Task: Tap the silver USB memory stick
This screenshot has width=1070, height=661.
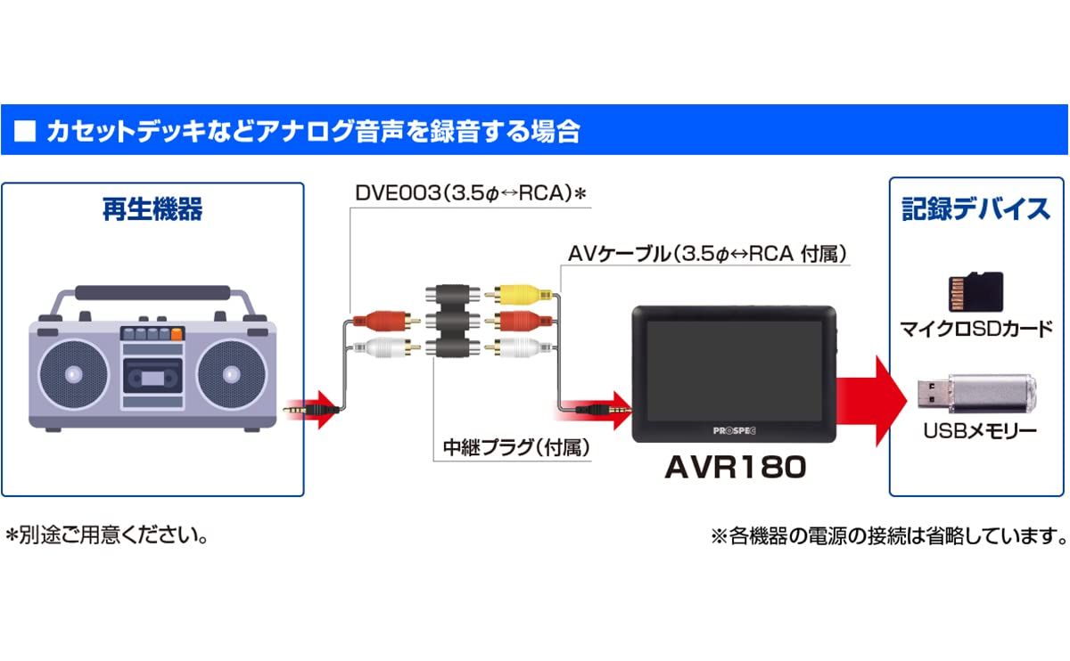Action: [977, 392]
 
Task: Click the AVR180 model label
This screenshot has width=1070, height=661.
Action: [735, 467]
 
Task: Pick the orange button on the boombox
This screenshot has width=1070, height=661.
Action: [177, 334]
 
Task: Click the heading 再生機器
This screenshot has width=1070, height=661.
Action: [152, 210]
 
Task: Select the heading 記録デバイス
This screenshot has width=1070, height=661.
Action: [975, 210]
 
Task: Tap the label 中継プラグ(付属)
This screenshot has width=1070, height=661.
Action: [516, 446]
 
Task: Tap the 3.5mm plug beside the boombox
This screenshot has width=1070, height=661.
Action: [312, 411]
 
